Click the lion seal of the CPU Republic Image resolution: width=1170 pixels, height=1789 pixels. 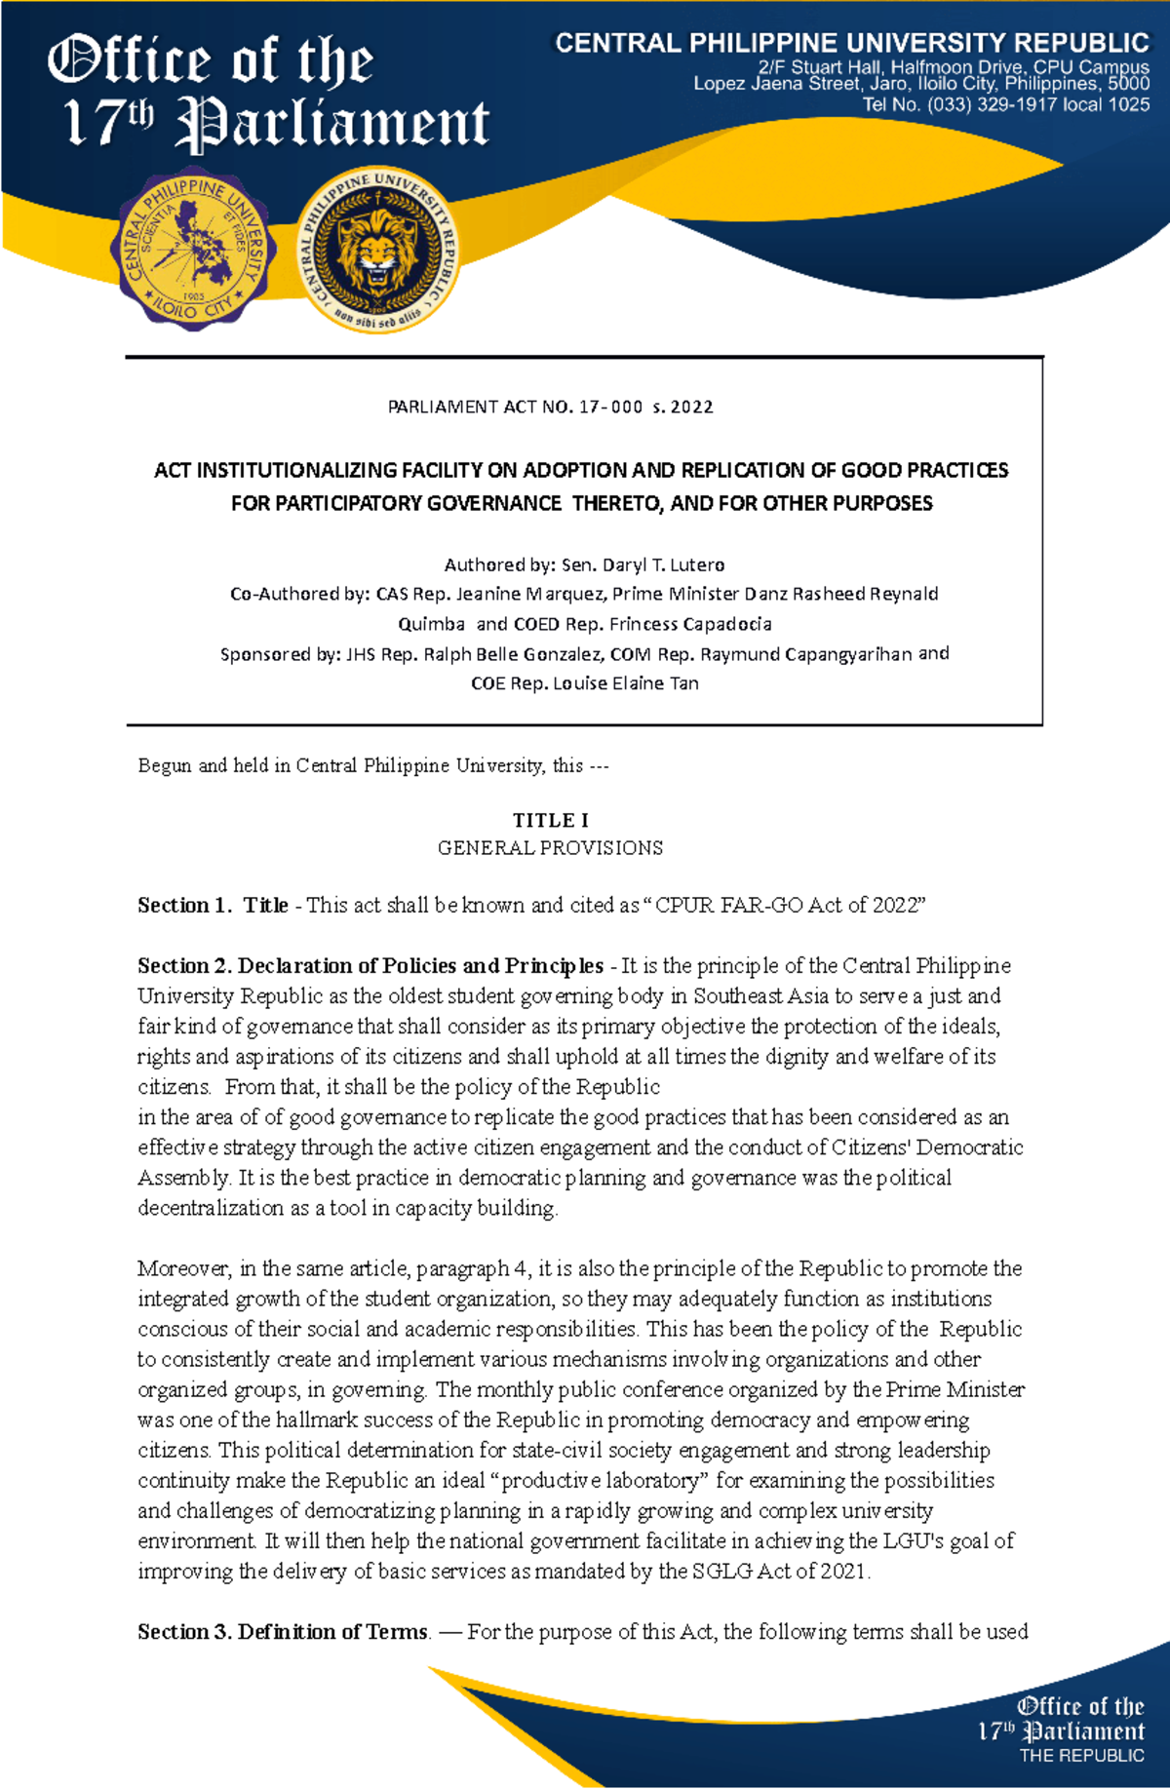[x=378, y=250]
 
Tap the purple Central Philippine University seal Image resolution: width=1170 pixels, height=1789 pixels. [x=194, y=250]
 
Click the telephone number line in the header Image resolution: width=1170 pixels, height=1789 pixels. [x=1005, y=104]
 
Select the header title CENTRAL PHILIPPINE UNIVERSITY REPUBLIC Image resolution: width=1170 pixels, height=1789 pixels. [x=852, y=43]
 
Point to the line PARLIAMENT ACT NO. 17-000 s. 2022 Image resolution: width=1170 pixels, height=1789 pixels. [x=550, y=407]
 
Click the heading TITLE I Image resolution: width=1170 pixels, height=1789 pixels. [x=550, y=820]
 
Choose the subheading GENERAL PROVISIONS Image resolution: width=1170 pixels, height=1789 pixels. [x=550, y=848]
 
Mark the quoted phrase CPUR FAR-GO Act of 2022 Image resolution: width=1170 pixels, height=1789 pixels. [x=789, y=906]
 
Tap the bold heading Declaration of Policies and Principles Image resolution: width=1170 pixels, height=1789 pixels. [x=420, y=966]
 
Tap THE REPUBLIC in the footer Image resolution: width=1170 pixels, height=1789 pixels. [x=1081, y=1756]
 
